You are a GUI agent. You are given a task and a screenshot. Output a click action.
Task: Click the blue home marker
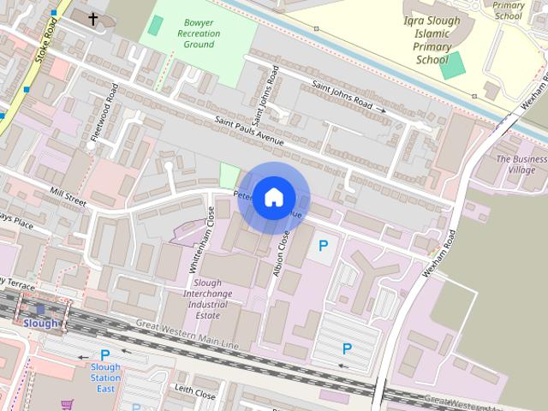tap(273, 197)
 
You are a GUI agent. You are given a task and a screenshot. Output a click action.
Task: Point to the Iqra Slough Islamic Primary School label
tap(432, 40)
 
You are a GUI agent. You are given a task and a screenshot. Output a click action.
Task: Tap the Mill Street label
tap(68, 196)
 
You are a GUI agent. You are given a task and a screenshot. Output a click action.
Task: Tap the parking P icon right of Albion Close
tap(323, 247)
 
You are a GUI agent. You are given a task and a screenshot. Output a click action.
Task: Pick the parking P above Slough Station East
tap(105, 354)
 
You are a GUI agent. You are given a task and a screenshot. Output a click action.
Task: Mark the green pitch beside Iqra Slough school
tap(453, 65)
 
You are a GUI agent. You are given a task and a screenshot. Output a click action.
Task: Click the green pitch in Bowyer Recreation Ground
tap(155, 26)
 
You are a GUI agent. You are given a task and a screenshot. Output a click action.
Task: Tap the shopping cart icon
tap(66, 404)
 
